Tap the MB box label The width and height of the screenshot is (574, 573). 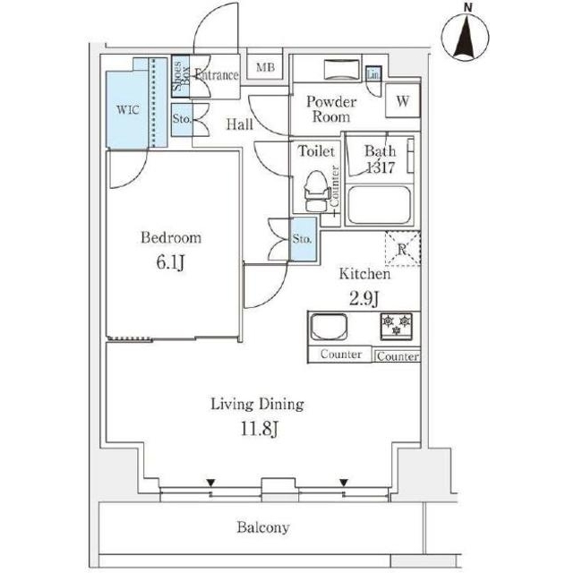(x=266, y=68)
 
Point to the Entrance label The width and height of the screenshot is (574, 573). (x=216, y=75)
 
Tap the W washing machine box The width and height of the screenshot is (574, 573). (x=402, y=102)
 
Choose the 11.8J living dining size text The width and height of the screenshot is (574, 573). (x=257, y=430)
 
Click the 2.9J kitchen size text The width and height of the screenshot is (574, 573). (x=364, y=298)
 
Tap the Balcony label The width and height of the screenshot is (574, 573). (x=262, y=527)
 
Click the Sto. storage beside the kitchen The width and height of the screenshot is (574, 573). (x=303, y=239)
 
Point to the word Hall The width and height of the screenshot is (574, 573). (x=238, y=124)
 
